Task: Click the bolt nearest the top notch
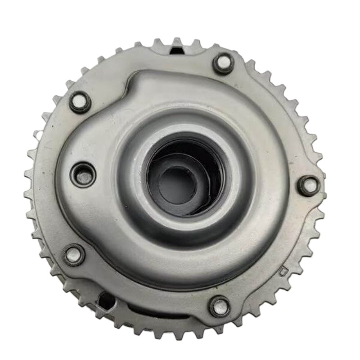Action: click(x=224, y=63)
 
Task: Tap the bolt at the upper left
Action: click(x=80, y=102)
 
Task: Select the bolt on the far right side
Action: click(x=310, y=185)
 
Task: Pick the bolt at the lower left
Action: click(x=74, y=255)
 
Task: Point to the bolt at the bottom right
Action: click(x=220, y=306)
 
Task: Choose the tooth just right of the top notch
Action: click(x=197, y=44)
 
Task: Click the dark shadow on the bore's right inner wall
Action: click(x=211, y=175)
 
